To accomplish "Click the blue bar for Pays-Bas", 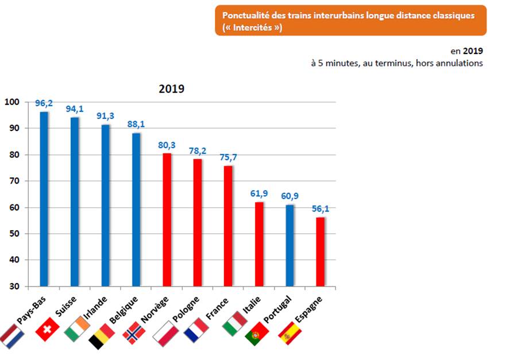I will [x=44, y=199].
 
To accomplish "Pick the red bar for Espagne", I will [x=321, y=251].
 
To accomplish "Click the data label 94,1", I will [x=75, y=109].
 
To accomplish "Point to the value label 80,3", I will [x=167, y=145].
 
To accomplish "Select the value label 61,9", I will [x=260, y=193].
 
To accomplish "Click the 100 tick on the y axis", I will [x=12, y=102].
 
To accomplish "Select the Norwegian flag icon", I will [x=134, y=334].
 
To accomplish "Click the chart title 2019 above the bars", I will [x=172, y=89].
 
